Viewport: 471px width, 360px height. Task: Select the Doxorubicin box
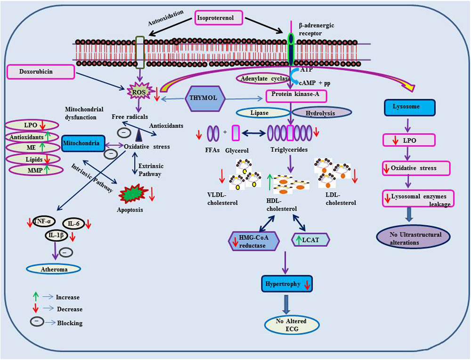coord(41,72)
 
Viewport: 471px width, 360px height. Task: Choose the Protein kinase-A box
coord(296,96)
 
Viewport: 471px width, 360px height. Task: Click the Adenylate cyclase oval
coord(267,80)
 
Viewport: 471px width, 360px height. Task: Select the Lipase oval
coord(263,113)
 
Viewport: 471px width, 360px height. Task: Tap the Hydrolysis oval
coord(322,113)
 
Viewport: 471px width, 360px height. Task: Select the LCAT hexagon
coord(311,240)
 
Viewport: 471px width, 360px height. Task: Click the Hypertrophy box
coord(288,285)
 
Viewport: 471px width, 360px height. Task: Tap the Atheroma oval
coord(53,269)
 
